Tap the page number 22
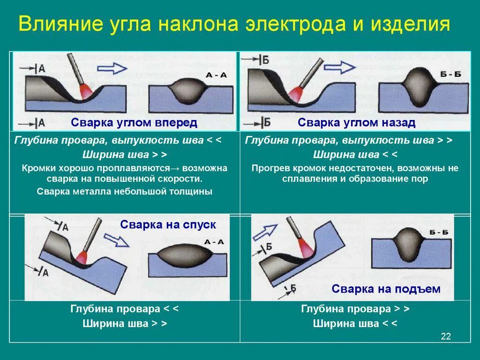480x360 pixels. click(x=446, y=336)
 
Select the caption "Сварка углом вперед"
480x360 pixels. click(x=134, y=123)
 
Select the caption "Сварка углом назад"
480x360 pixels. click(x=357, y=123)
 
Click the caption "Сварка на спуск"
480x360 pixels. click(x=168, y=225)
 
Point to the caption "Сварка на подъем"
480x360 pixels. click(x=386, y=289)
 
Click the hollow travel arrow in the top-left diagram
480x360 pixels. click(x=112, y=68)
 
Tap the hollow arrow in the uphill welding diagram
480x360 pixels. click(x=265, y=232)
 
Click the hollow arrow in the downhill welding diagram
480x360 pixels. click(x=116, y=240)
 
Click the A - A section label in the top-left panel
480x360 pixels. click(x=216, y=75)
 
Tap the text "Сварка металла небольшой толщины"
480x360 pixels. click(x=125, y=191)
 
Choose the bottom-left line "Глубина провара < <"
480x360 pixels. click(x=125, y=309)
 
